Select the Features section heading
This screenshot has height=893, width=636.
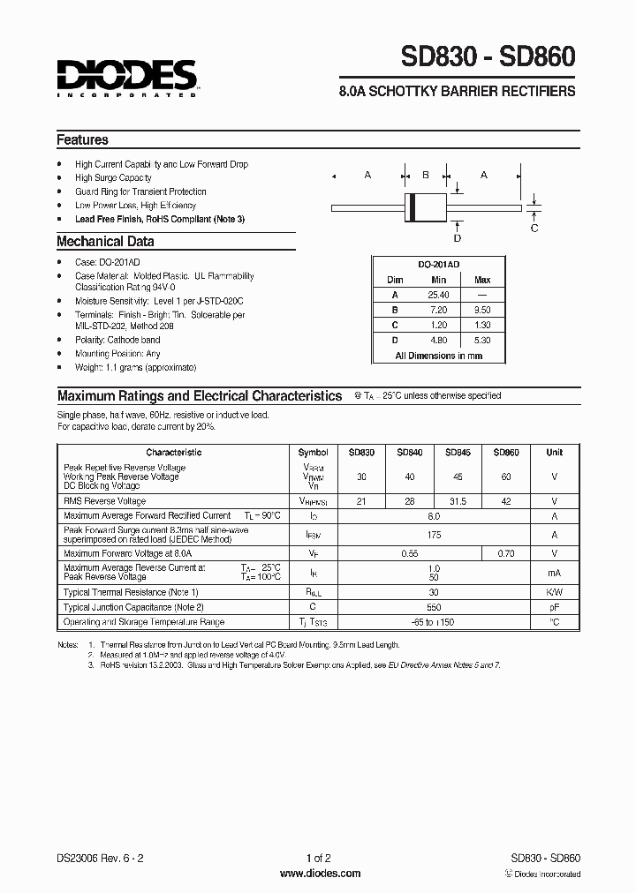[83, 139]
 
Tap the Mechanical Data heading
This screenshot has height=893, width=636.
[105, 241]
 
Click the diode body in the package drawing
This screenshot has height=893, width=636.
[425, 206]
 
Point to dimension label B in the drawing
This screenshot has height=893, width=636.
[425, 175]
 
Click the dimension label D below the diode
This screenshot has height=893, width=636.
[457, 237]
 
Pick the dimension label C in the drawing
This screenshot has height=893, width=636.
[534, 229]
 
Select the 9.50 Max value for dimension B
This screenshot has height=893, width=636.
[482, 310]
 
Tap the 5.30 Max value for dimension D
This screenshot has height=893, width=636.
[482, 340]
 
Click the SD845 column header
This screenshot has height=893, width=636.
[458, 452]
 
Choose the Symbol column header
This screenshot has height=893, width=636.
[313, 452]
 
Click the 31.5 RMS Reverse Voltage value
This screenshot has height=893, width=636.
[458, 500]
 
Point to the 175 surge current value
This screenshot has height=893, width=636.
[433, 534]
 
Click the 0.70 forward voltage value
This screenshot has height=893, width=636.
[506, 553]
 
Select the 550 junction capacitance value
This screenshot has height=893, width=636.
[433, 607]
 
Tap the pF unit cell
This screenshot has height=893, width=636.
[554, 607]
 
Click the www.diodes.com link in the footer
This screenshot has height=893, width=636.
[320, 874]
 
